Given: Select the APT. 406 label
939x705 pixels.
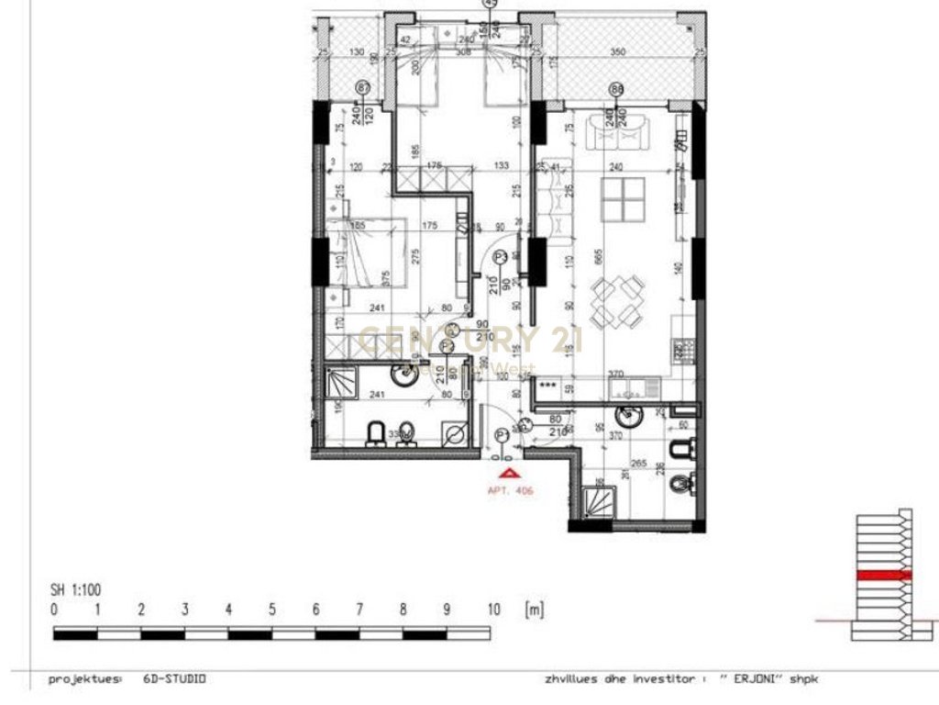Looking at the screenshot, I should click(x=511, y=491).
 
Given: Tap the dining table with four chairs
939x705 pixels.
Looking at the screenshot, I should click(x=616, y=304).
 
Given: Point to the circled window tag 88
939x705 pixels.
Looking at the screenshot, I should click(x=616, y=88).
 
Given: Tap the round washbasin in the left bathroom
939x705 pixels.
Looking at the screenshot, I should click(x=403, y=373).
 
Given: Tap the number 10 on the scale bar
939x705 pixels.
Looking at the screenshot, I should click(x=492, y=610).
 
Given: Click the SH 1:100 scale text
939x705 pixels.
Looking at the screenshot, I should click(x=77, y=591).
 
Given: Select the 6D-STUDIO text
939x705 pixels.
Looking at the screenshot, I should click(x=174, y=679).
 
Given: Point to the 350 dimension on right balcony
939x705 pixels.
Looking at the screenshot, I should click(x=617, y=52).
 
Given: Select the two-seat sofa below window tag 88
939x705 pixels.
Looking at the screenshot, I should click(x=616, y=135).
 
